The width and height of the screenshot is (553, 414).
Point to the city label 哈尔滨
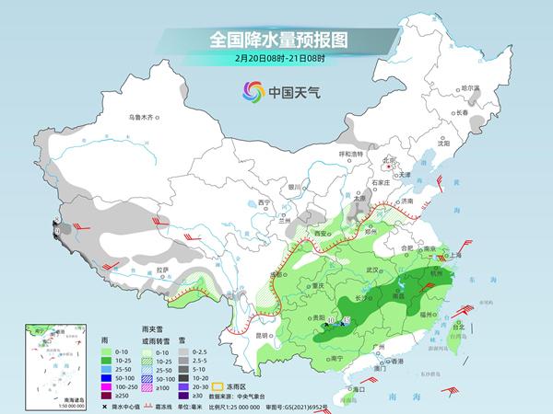click(x=471, y=87)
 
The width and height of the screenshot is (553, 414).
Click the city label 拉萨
click(x=161, y=270)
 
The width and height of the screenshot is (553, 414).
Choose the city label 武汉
click(x=372, y=270)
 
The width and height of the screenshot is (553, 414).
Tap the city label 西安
click(x=321, y=236)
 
